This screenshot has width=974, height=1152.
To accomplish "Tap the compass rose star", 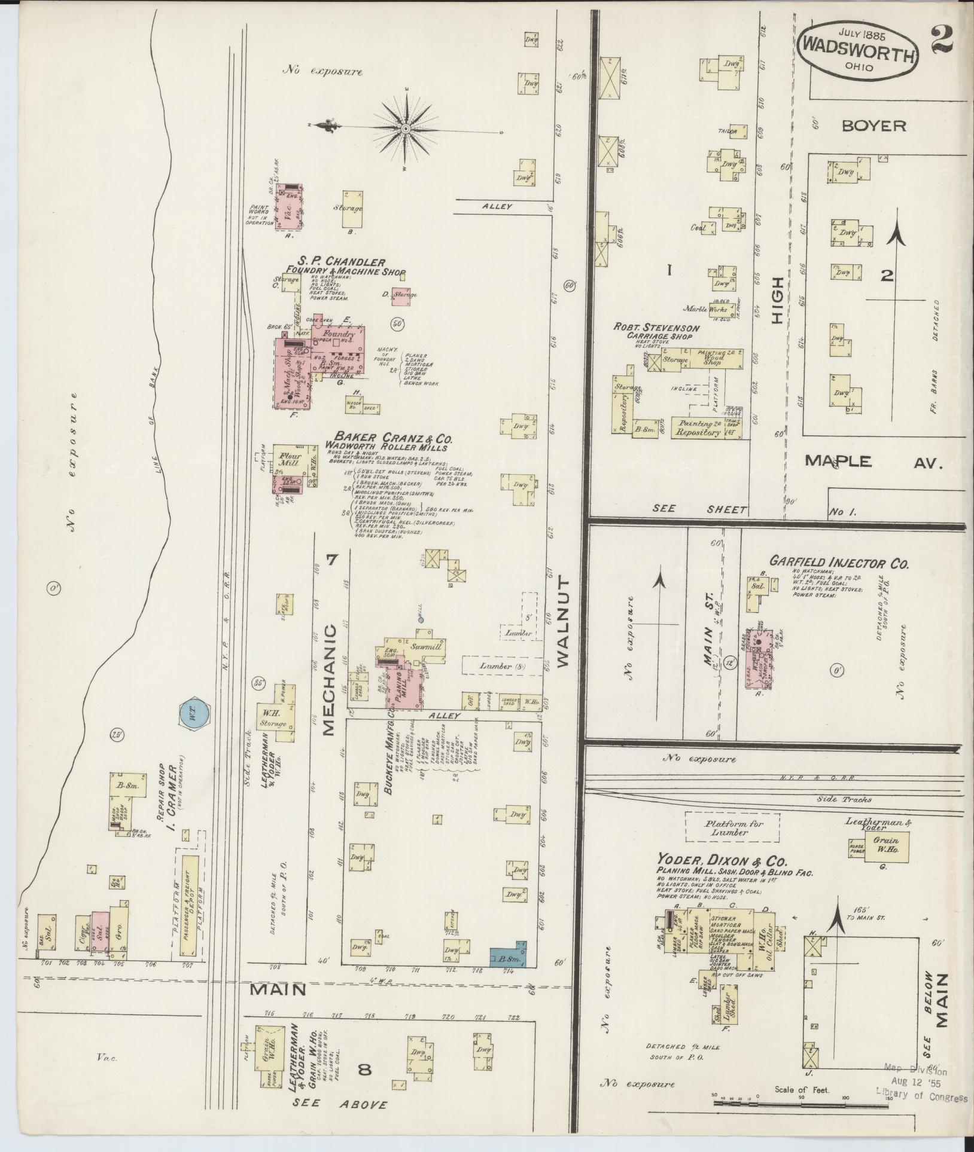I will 406,129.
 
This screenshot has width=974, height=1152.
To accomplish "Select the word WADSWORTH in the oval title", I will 858,57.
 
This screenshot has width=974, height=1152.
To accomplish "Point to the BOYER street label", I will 874,126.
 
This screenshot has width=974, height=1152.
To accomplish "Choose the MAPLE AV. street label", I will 873,461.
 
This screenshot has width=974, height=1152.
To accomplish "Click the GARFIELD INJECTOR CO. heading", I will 839,563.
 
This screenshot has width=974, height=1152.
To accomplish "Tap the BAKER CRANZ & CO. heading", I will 386,438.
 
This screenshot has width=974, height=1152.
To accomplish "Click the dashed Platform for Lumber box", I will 733,827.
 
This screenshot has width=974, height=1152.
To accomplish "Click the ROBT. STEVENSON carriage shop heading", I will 655,328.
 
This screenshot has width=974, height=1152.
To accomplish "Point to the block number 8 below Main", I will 364,1069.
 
